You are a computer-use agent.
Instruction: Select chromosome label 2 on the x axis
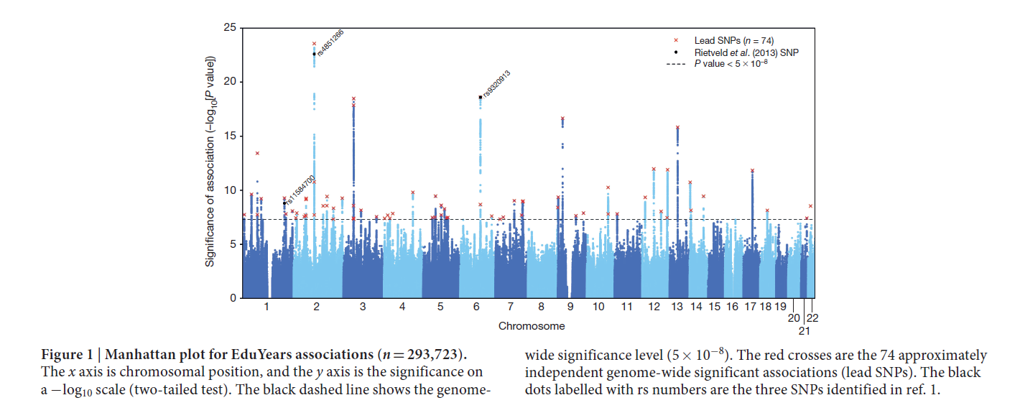point(317,307)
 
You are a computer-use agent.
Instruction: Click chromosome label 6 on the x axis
point(476,307)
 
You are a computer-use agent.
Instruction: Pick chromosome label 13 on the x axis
point(677,307)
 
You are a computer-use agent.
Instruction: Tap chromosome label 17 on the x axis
point(751,307)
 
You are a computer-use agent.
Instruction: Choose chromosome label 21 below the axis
point(804,331)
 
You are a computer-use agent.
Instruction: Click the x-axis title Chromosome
point(532,326)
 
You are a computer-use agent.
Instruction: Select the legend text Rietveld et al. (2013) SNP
point(746,52)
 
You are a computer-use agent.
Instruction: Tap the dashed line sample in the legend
point(677,64)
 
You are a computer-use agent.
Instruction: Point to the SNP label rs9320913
point(496,84)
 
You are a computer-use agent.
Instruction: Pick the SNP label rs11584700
point(300,190)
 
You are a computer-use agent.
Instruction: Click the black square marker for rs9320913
point(480,97)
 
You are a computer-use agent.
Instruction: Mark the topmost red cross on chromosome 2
point(314,44)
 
